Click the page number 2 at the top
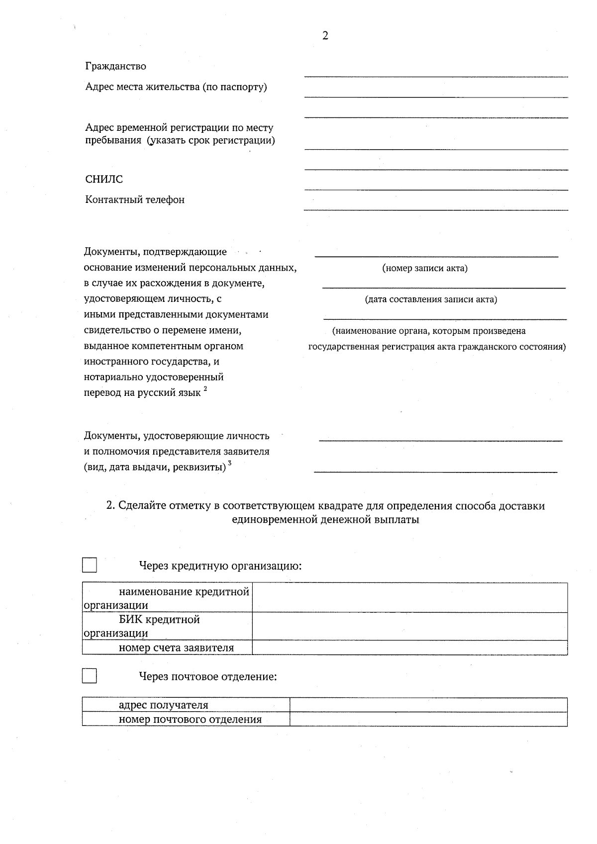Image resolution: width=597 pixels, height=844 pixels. [325, 36]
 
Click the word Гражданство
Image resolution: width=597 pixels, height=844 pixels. [115, 66]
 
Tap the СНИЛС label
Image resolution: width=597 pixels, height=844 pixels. [103, 180]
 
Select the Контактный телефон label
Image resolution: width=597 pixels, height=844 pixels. [135, 200]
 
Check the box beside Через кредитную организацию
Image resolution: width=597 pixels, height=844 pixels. [90, 565]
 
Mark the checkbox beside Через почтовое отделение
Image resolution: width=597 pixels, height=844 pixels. [90, 676]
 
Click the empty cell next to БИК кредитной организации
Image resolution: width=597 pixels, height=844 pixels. [409, 626]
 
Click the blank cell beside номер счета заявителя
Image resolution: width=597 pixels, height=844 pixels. [409, 648]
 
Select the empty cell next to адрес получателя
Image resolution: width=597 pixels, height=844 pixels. [428, 705]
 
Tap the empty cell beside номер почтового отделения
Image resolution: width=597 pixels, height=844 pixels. [428, 719]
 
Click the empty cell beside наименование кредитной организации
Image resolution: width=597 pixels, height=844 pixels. [409, 598]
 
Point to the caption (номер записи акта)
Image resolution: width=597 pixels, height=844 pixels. [425, 269]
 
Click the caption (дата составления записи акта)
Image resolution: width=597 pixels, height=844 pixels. [431, 299]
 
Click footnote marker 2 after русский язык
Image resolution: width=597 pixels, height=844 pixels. [205, 389]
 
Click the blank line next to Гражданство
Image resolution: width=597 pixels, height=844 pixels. [436, 72]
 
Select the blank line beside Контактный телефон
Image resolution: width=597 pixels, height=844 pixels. [436, 205]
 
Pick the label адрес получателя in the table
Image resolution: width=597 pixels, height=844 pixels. [163, 705]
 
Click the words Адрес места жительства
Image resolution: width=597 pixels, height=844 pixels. [142, 87]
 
